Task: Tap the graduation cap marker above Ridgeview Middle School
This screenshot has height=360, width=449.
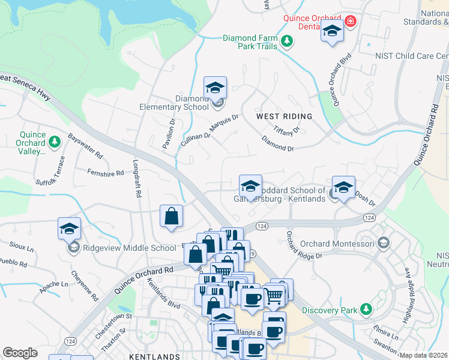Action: (70, 229)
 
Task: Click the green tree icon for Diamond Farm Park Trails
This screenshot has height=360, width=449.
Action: (288, 41)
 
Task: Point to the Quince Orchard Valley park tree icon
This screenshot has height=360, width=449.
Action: (55, 142)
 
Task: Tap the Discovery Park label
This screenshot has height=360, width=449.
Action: (328, 310)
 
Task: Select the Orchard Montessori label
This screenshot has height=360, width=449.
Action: (337, 244)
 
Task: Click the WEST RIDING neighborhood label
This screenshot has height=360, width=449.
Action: (284, 116)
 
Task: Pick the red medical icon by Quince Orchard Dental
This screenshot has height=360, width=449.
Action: (350, 22)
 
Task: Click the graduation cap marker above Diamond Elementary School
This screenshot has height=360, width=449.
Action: (215, 88)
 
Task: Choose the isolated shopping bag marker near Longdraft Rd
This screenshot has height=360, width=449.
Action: (171, 216)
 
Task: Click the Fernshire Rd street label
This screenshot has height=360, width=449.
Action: (105, 173)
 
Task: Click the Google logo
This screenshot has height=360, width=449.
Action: (20, 353)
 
